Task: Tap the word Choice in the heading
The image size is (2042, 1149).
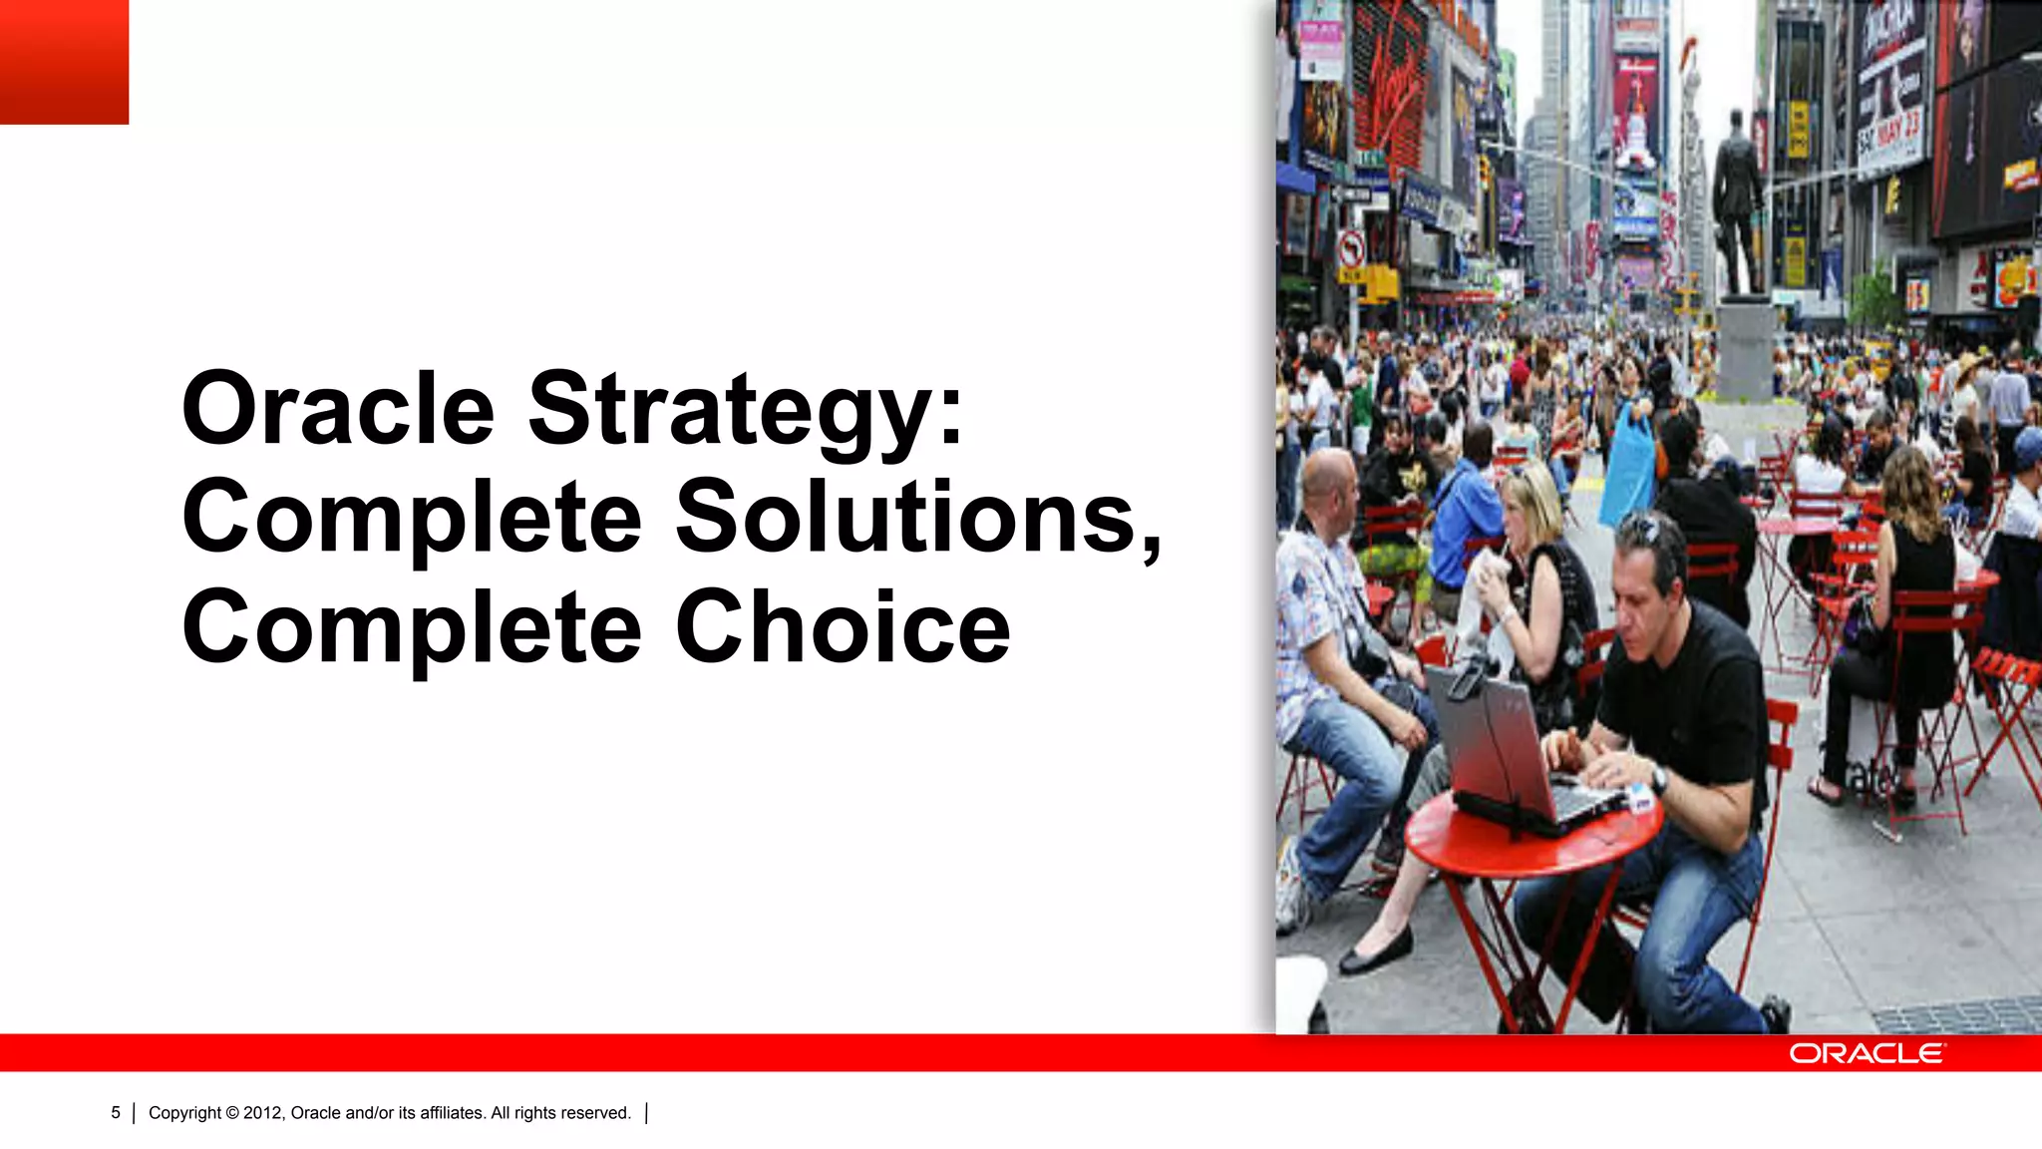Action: point(843,628)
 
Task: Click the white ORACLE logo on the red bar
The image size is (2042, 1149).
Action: point(1866,1053)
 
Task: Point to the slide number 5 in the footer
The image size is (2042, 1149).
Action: point(116,1113)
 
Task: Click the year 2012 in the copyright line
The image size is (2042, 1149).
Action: point(262,1113)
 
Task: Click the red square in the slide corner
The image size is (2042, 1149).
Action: point(64,62)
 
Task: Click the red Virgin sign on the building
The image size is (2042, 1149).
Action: point(1391,80)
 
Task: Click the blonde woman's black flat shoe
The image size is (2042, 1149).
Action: point(1376,953)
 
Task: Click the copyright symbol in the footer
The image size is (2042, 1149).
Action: point(231,1113)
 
